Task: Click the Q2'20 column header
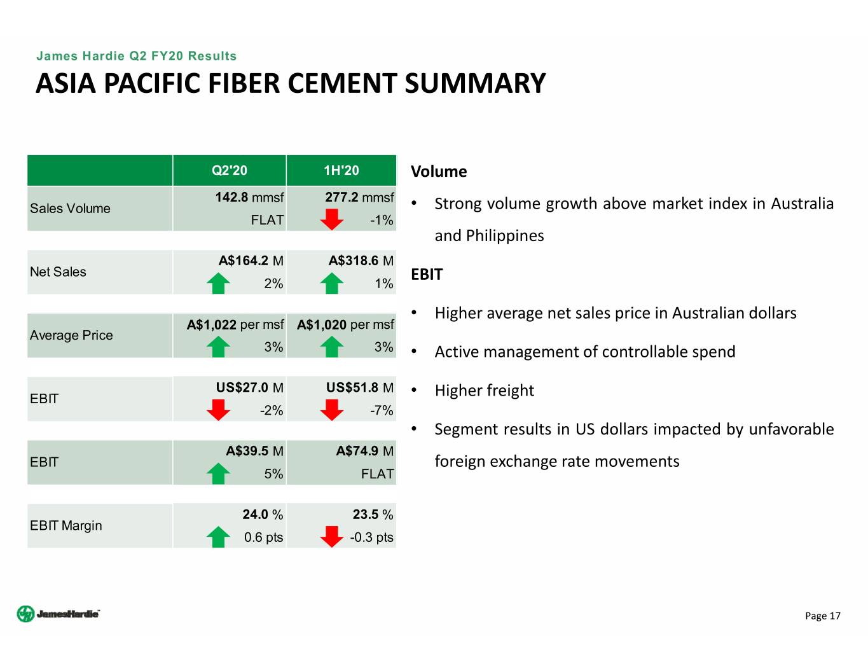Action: click(x=230, y=170)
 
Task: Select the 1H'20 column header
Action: click(x=341, y=170)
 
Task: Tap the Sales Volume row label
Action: click(x=70, y=209)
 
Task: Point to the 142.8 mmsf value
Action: click(x=249, y=197)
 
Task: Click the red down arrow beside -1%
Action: click(x=332, y=219)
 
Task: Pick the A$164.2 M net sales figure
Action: click(x=251, y=261)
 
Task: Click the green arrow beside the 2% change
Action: click(x=218, y=283)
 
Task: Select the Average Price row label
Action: click(x=71, y=335)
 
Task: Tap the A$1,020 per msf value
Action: click(x=345, y=325)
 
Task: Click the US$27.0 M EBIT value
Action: click(x=250, y=387)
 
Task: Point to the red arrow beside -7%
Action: click(x=332, y=410)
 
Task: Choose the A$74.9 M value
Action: click(x=365, y=451)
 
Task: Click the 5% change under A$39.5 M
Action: click(x=273, y=474)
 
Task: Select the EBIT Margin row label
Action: click(x=66, y=525)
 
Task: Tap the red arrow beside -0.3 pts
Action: click(x=332, y=536)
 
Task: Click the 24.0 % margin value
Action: click(x=263, y=515)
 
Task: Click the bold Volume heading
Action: click(x=439, y=171)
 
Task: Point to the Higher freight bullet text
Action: click(x=484, y=391)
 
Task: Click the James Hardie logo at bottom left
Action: click(x=59, y=614)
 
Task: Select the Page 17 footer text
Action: click(x=823, y=616)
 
